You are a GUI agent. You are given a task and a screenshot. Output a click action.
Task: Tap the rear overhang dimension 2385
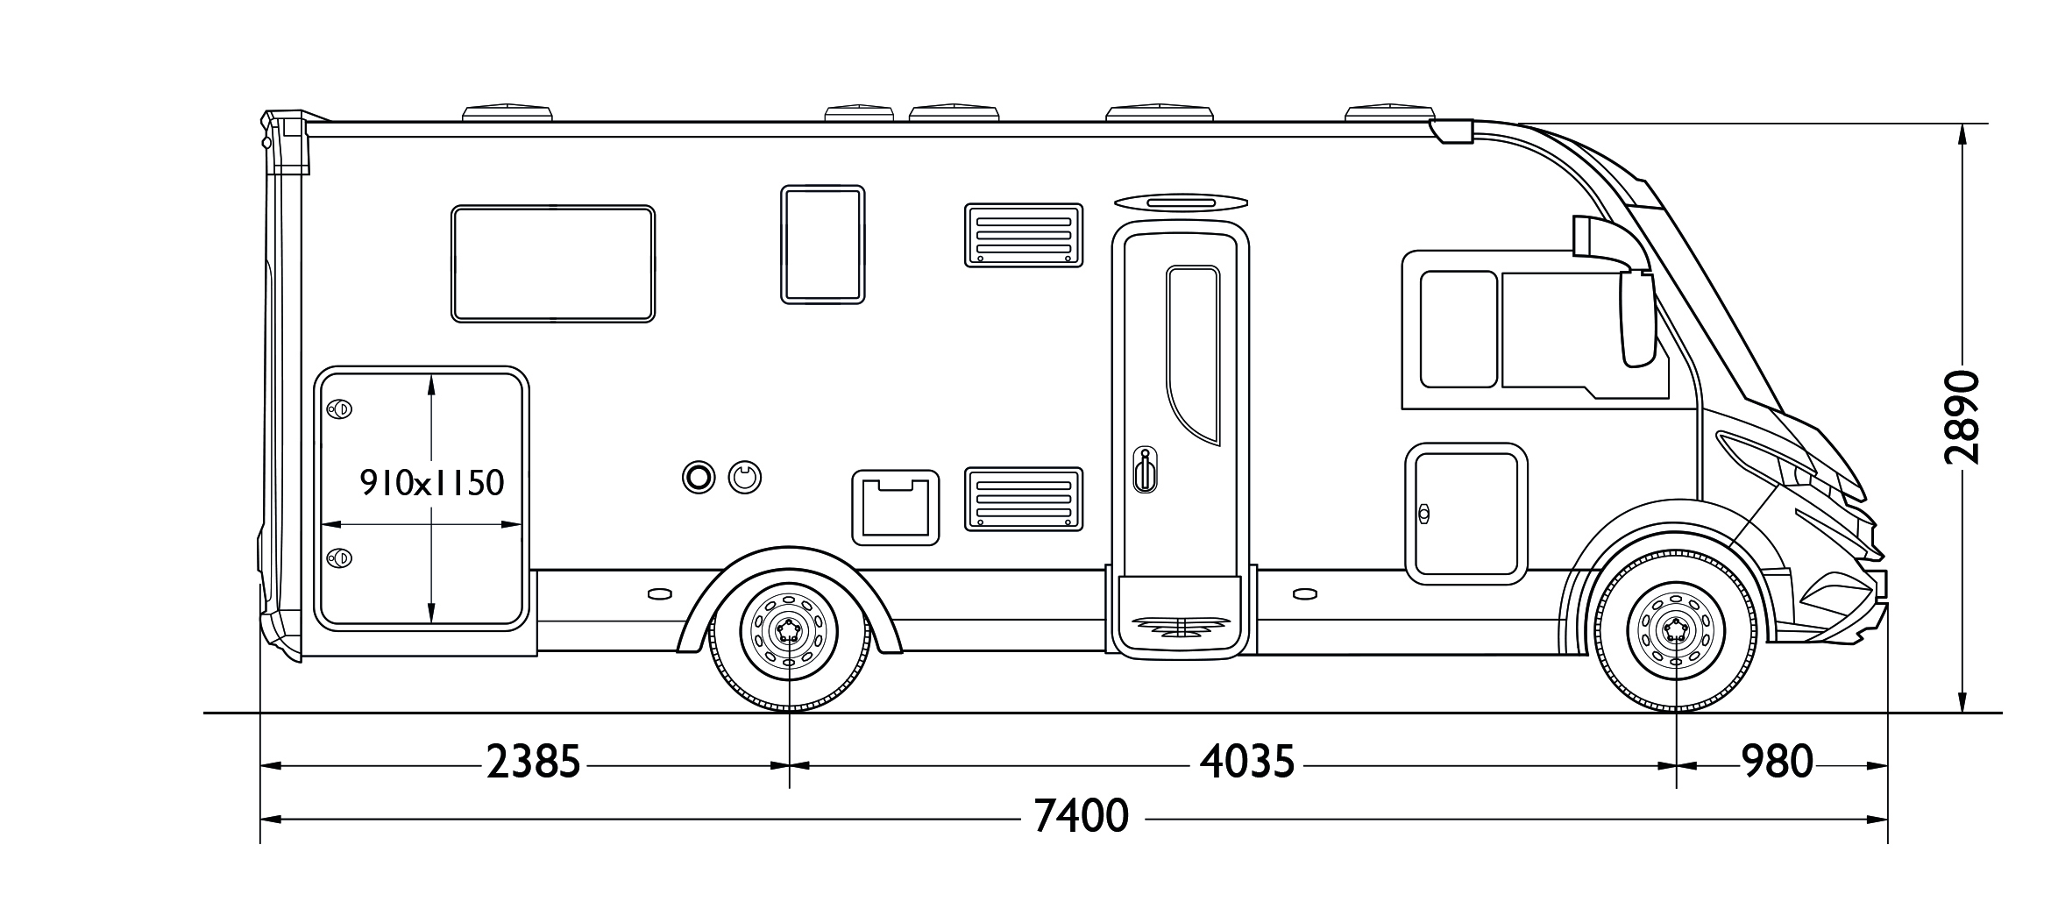(534, 763)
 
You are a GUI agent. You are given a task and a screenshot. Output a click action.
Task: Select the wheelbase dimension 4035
(1247, 763)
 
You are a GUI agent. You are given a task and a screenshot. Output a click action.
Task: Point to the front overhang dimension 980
(1777, 763)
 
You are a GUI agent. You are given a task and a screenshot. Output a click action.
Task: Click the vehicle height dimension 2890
(1962, 417)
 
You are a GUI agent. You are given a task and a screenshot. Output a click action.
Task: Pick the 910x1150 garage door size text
(433, 483)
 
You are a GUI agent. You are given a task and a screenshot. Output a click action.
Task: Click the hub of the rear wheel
(789, 628)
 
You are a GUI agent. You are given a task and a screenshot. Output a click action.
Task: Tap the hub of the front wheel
(1676, 628)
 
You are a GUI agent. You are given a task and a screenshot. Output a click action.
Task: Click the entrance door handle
(1144, 471)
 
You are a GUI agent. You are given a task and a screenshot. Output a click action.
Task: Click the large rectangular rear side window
(553, 264)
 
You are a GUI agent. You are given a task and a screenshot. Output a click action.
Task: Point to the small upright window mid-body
(822, 245)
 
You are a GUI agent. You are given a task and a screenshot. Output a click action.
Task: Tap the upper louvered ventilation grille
(1024, 235)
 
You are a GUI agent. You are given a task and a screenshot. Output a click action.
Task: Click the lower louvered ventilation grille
(1024, 499)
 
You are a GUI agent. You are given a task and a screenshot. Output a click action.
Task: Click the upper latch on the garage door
(339, 409)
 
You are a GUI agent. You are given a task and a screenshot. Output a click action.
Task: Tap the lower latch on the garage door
(339, 557)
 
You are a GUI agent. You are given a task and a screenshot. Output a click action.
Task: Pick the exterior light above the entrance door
(1181, 203)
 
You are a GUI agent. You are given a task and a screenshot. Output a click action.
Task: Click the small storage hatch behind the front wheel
(1466, 514)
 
